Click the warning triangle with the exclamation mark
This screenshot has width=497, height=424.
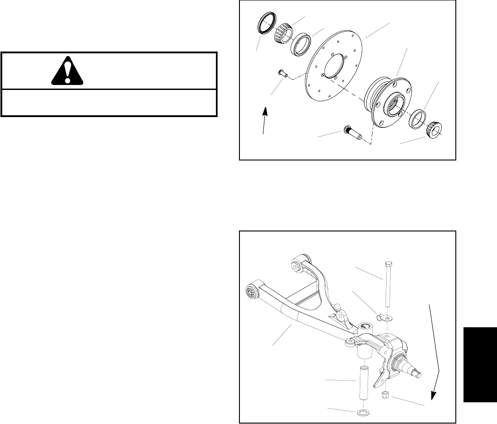click(x=67, y=71)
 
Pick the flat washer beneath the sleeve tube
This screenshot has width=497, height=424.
click(x=363, y=412)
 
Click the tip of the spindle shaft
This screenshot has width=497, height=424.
click(x=420, y=374)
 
